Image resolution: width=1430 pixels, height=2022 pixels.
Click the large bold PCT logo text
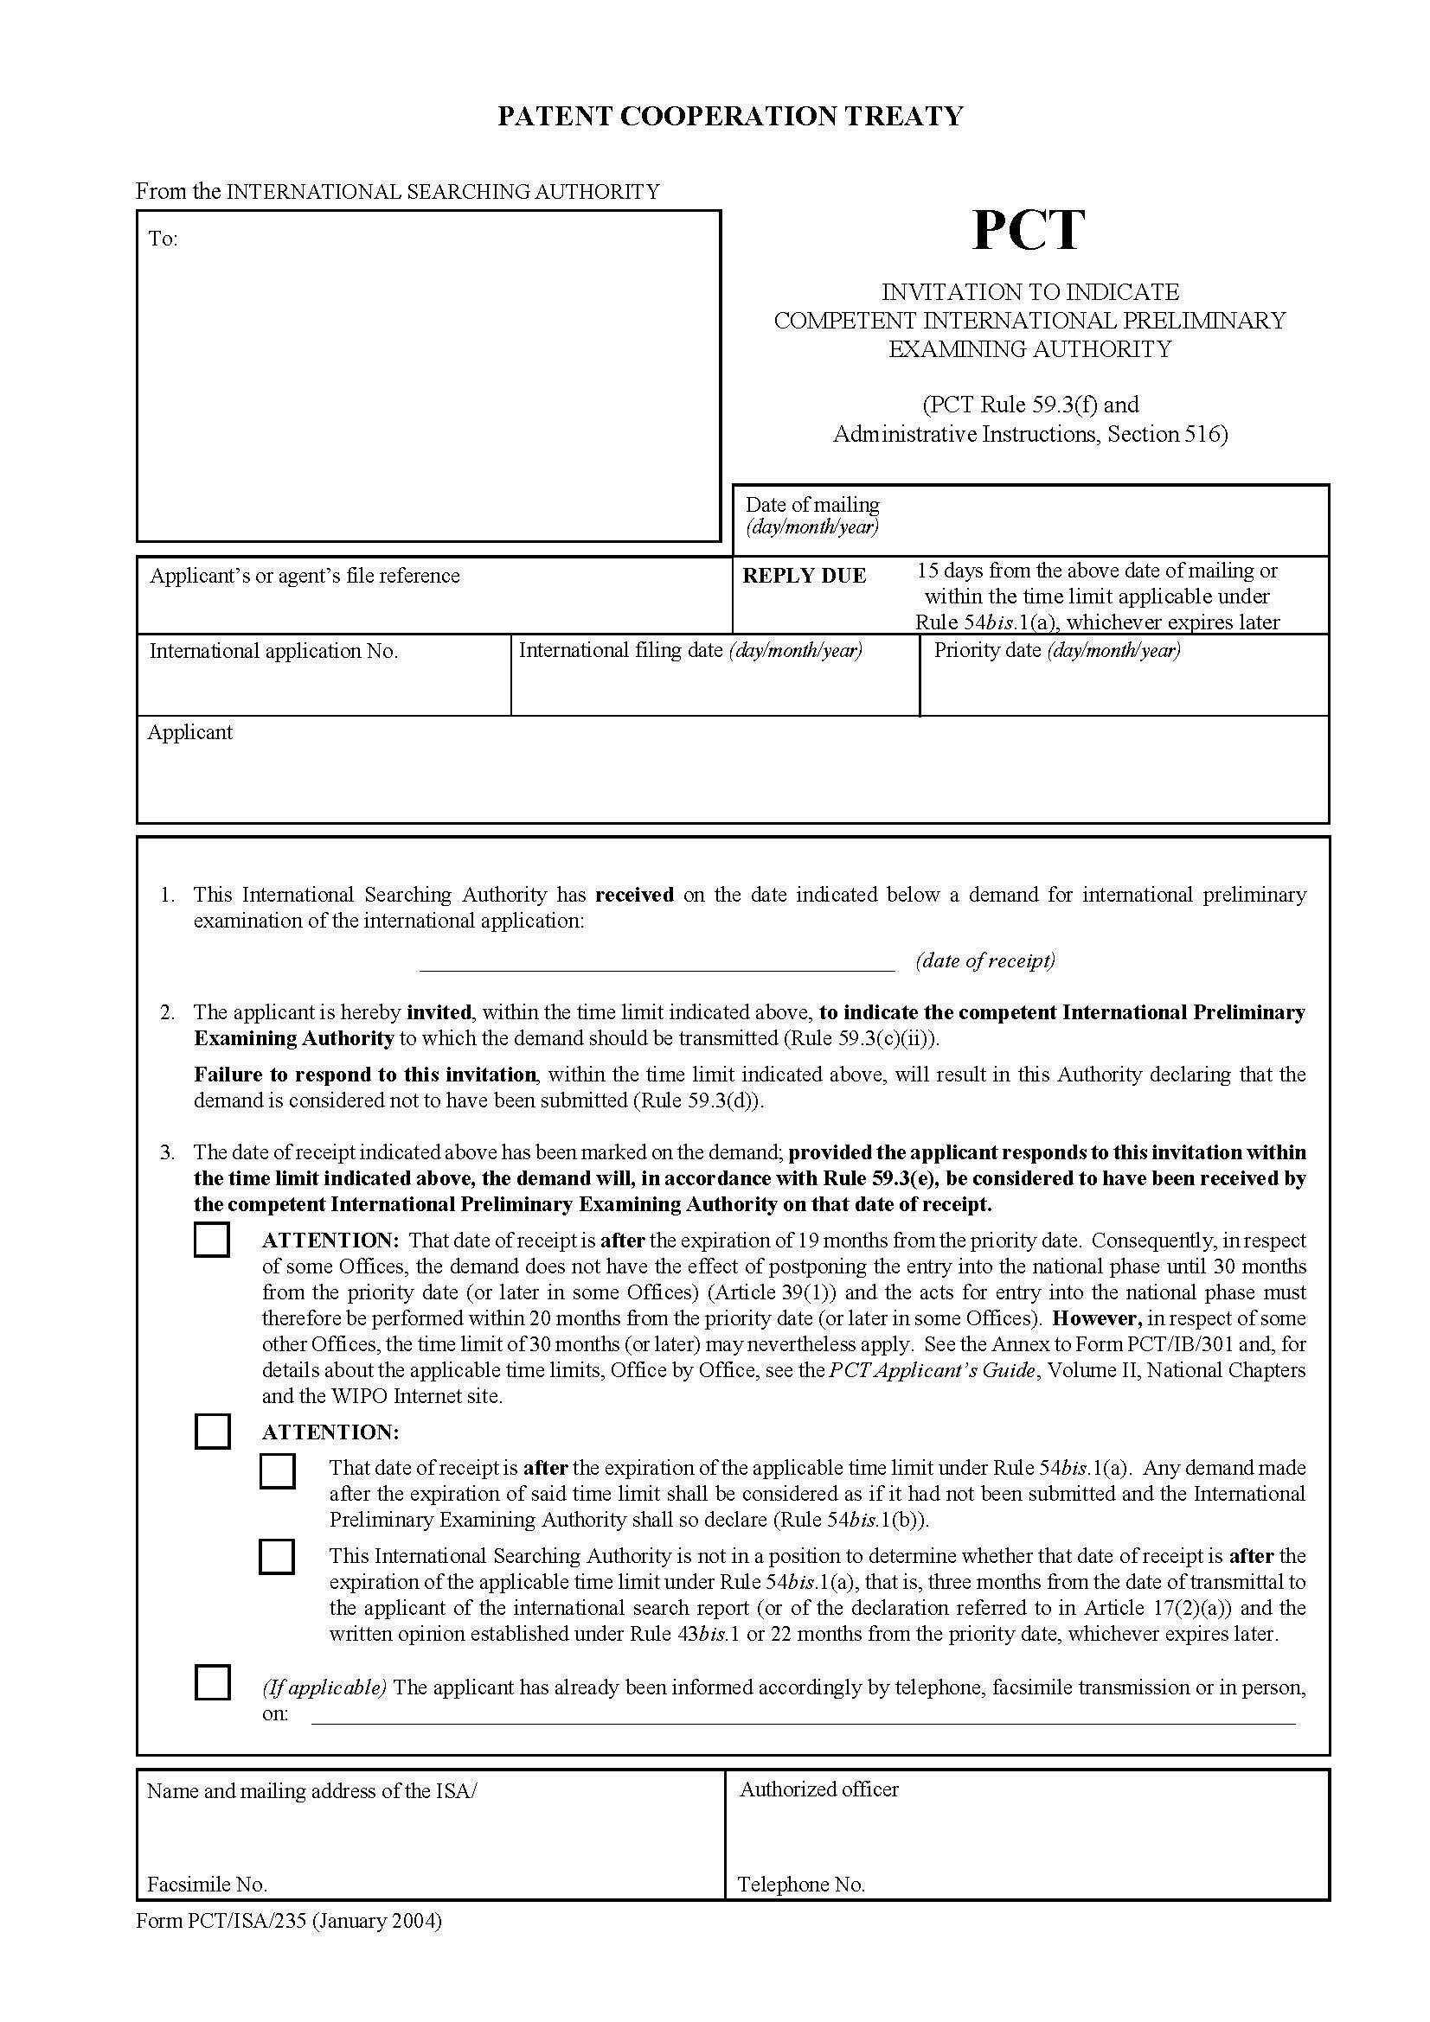(1028, 231)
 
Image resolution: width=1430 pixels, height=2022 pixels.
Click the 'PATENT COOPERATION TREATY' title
(730, 116)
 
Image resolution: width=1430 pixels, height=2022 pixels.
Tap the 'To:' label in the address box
(163, 239)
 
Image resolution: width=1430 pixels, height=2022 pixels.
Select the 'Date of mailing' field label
(811, 505)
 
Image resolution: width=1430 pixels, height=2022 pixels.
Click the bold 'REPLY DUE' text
(804, 576)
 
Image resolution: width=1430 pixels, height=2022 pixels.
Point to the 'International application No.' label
(273, 651)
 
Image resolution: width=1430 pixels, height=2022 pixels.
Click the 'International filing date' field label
(689, 650)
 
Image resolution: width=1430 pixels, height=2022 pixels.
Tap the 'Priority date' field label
(1056, 650)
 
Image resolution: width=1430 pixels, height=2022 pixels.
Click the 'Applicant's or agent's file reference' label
(304, 576)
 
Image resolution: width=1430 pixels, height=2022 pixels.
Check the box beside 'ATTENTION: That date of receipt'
(211, 1240)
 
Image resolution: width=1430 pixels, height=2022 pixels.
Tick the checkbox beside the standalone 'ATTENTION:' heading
(211, 1431)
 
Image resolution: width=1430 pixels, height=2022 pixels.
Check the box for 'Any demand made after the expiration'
(277, 1470)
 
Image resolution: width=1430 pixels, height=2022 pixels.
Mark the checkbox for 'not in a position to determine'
(277, 1557)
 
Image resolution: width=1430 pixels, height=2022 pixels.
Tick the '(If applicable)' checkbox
(211, 1682)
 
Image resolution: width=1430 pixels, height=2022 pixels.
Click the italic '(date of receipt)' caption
(985, 960)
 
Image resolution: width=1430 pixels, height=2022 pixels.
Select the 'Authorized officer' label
(818, 1789)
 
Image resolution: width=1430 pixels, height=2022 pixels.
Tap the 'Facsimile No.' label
(207, 1884)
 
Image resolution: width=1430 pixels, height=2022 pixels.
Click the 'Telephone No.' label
(801, 1884)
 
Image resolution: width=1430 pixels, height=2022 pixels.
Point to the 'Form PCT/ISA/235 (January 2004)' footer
(289, 1920)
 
